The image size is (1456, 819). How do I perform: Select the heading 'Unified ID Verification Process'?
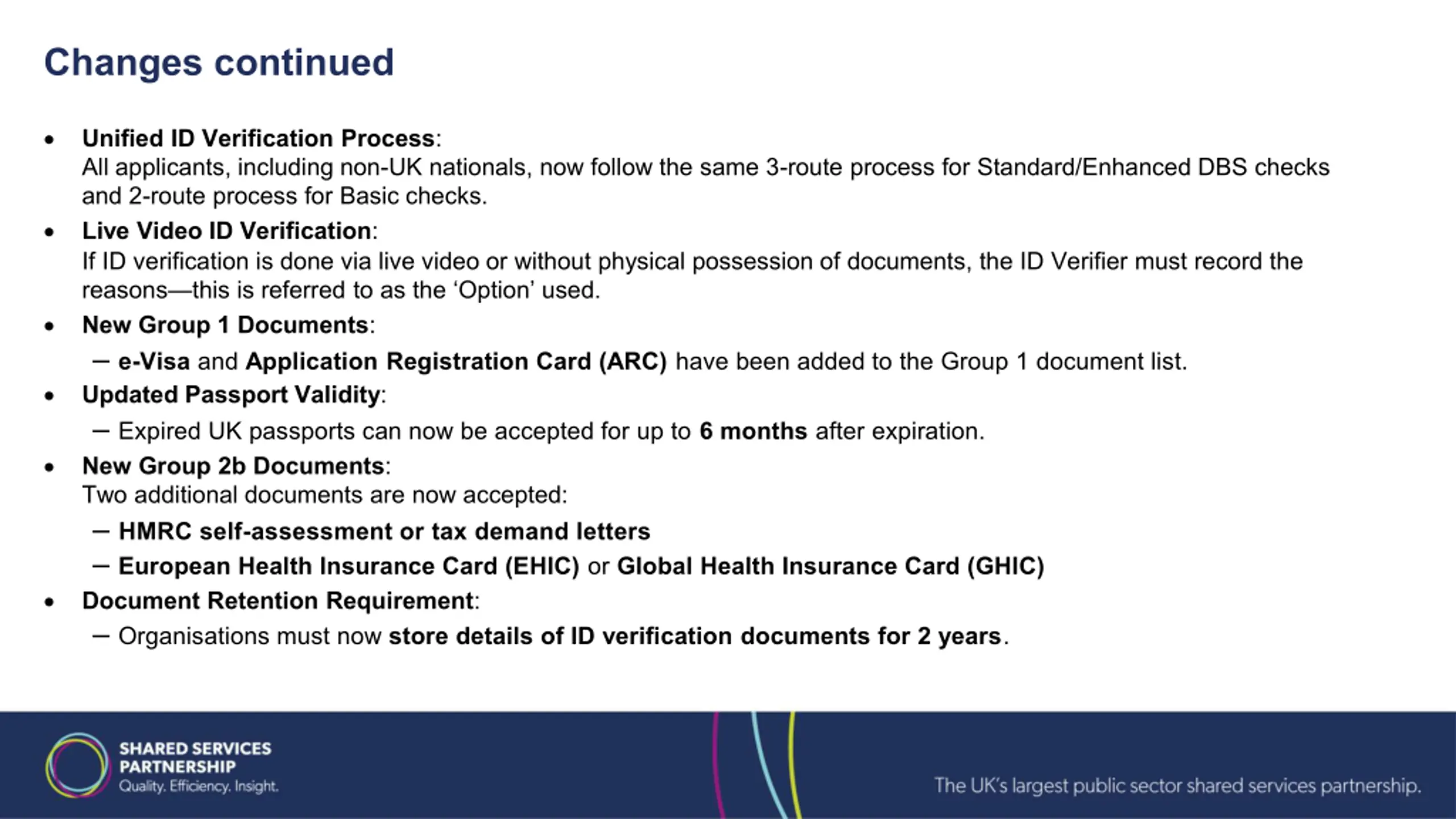pos(259,138)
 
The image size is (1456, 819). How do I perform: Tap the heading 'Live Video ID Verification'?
pos(227,231)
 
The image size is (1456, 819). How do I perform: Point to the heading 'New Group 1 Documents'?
pos(226,325)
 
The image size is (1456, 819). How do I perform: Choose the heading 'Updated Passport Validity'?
pos(231,395)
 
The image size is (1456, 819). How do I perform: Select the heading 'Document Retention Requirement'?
pos(278,601)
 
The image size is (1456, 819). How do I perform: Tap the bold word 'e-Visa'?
pos(154,362)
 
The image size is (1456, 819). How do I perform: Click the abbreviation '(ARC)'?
pos(632,362)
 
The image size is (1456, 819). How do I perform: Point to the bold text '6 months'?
pos(753,431)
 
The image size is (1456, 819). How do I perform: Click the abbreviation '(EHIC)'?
pos(542,566)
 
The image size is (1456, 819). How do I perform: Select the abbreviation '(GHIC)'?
pos(1006,566)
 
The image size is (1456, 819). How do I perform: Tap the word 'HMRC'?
pos(155,531)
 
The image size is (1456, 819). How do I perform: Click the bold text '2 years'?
pos(959,636)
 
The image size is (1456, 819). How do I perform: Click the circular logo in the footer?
pos(78,765)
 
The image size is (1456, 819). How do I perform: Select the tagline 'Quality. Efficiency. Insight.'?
pos(198,787)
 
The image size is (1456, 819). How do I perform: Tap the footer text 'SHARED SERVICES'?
pos(195,748)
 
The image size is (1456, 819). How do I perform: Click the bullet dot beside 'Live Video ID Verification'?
pos(49,232)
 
